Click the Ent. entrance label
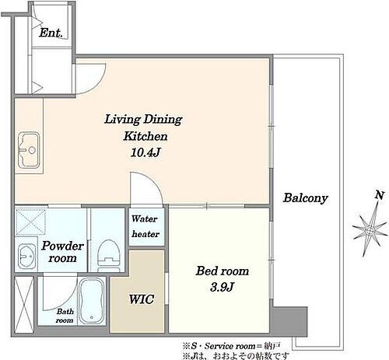(51, 33)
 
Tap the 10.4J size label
(145, 152)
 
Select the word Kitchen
(145, 136)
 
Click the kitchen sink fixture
(29, 150)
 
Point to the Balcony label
(306, 198)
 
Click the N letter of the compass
(380, 195)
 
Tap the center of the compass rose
(370, 230)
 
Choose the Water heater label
(145, 226)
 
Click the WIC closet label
(142, 299)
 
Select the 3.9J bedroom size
(223, 287)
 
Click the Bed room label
(223, 271)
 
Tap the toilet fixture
(109, 255)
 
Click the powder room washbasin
(26, 256)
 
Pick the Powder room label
(62, 252)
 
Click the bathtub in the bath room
(91, 301)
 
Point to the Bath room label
(65, 316)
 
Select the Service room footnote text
(231, 346)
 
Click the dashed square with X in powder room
(30, 222)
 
